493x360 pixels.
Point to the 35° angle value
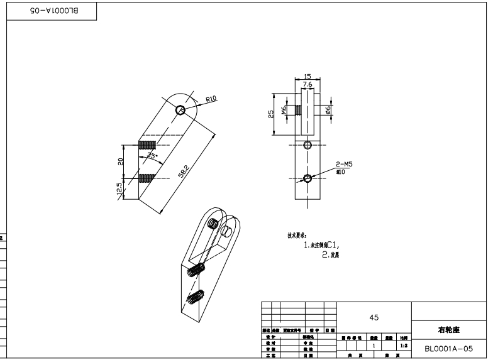coord(151,155)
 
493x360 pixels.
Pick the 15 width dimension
coord(307,76)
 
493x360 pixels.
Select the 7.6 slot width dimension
coord(307,84)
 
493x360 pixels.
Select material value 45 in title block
coord(374,317)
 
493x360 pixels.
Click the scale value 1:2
coord(402,346)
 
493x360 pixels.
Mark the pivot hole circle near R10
coord(180,110)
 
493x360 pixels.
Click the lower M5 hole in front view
coord(307,178)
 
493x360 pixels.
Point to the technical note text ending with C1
coord(326,246)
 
